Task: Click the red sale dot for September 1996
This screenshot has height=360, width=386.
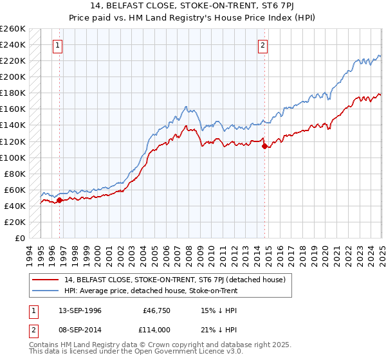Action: [59, 200]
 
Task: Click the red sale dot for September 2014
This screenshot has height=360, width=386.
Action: [264, 146]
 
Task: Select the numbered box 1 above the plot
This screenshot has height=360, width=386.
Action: [59, 45]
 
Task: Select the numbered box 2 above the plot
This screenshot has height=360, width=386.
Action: [264, 45]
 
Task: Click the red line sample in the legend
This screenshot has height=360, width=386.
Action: [46, 280]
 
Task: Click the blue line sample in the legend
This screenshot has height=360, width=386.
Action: [46, 291]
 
